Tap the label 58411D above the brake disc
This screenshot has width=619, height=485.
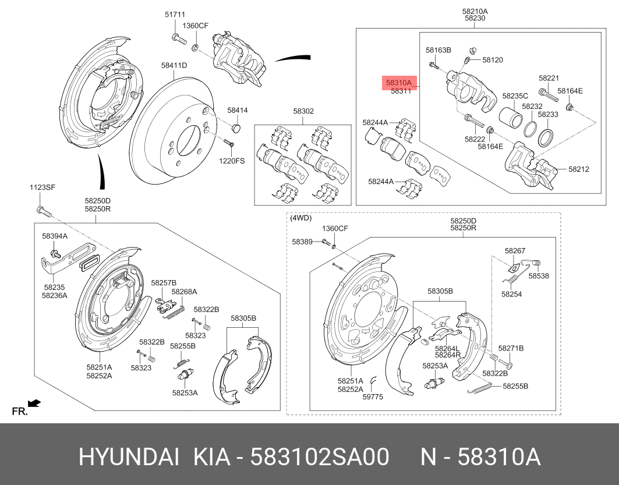coord(174,65)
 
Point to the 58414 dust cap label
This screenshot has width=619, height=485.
coord(238,110)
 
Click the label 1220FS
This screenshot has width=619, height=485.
coord(232,160)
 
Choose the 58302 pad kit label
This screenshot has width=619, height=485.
coord(303,111)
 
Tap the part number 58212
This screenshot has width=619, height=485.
coord(579,169)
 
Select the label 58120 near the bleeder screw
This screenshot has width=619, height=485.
coord(492,60)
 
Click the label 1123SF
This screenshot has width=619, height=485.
coord(42,187)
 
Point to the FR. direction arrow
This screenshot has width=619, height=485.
coord(33,402)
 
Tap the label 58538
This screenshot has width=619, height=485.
coord(539,276)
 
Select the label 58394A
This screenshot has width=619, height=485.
coord(55,236)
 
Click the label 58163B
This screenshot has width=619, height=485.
coord(438,51)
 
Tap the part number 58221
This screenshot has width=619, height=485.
coord(549,78)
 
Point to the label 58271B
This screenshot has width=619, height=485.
coord(511,348)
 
